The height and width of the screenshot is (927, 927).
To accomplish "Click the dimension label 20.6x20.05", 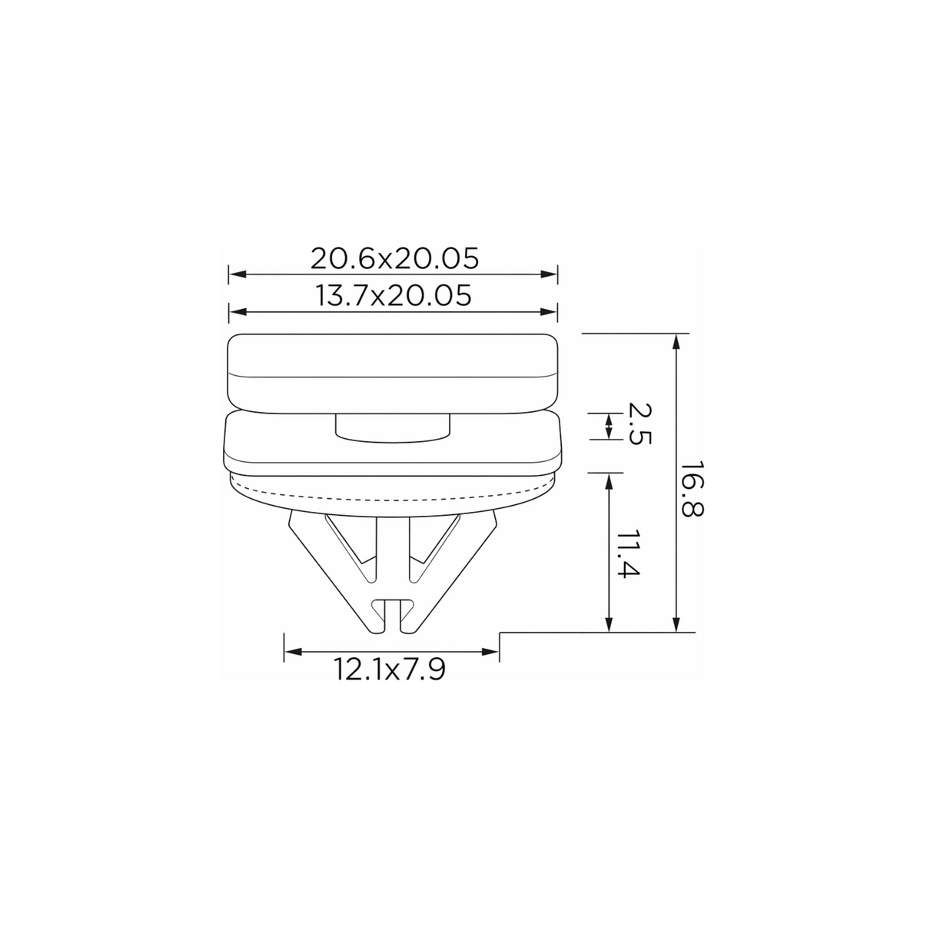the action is (394, 259).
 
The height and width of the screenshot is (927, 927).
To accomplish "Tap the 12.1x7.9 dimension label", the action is (389, 669).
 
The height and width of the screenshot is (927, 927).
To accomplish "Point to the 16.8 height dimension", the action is (693, 489).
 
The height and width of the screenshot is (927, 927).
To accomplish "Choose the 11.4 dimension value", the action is (628, 554).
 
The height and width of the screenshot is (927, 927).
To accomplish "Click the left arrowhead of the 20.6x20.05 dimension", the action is (238, 274).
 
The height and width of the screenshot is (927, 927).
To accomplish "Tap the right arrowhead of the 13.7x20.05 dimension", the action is (549, 312).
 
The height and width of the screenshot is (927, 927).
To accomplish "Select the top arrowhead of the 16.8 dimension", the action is (676, 342).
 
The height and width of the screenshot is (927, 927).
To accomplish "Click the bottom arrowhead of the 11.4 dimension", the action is (609, 623).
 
